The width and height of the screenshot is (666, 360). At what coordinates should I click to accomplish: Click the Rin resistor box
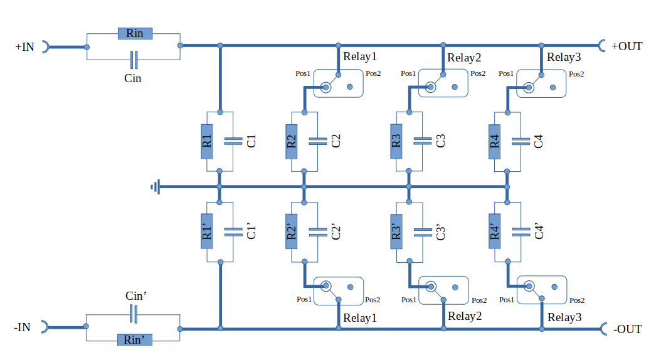tap(135, 33)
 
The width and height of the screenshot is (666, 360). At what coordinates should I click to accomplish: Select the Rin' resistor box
tap(135, 339)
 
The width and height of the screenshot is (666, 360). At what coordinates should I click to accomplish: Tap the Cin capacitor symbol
tap(134, 60)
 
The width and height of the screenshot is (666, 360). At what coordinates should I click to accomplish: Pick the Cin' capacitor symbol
tap(134, 314)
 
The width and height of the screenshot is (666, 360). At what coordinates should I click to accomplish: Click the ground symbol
tap(156, 187)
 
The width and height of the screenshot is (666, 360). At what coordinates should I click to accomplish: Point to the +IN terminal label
tap(24, 47)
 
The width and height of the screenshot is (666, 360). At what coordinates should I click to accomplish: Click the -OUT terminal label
tap(627, 329)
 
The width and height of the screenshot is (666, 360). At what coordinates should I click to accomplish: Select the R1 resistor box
tap(207, 142)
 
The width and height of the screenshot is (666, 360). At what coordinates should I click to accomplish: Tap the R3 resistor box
tap(396, 142)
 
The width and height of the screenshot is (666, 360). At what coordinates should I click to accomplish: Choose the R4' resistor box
tap(495, 231)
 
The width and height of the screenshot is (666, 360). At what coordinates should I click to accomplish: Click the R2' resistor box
tap(292, 231)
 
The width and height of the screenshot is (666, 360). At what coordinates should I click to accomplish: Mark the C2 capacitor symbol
tap(318, 141)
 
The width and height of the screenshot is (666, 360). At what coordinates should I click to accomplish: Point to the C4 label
tap(539, 141)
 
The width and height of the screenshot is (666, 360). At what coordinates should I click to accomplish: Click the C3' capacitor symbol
tap(423, 231)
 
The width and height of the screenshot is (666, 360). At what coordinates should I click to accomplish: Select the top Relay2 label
tap(464, 57)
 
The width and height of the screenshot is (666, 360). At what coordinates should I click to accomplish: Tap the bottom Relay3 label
tap(564, 317)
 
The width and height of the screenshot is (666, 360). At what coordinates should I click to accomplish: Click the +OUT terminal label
tap(627, 46)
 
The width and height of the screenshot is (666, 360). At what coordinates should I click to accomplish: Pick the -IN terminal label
tap(22, 327)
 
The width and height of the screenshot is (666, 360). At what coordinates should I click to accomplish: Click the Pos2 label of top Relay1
tap(373, 73)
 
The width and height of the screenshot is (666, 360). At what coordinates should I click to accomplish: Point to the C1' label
tap(251, 231)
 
